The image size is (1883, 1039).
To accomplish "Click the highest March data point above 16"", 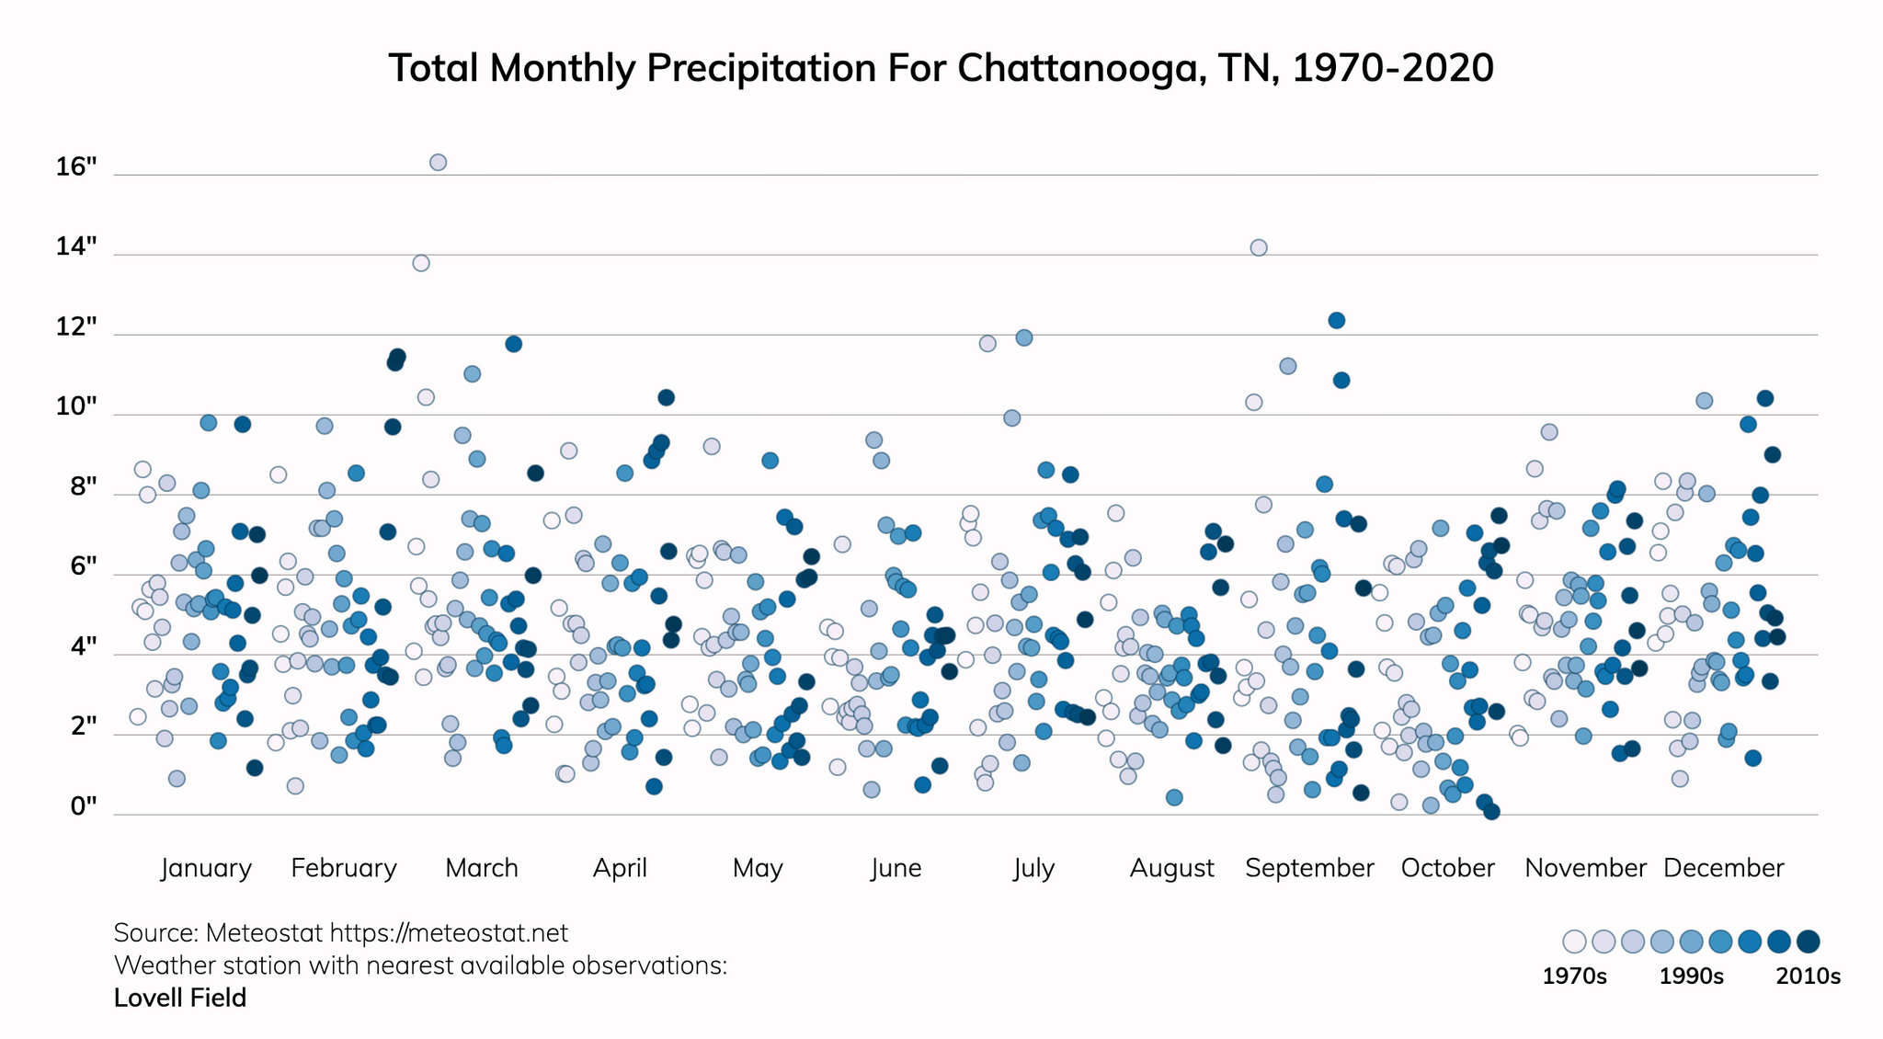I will [439, 163].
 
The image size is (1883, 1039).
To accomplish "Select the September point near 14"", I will [1259, 247].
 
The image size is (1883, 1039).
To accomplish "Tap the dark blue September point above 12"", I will [1337, 320].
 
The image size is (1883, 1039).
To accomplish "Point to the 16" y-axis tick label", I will [76, 167].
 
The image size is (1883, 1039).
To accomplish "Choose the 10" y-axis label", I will [76, 407].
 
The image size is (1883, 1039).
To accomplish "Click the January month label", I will [206, 868].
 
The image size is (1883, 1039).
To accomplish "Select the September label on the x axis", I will [1309, 868].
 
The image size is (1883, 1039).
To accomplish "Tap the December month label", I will [1723, 868].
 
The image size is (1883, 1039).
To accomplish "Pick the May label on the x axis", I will [758, 868].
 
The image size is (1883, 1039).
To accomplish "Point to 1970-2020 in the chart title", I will [1392, 68].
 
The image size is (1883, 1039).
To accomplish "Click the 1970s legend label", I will [1574, 976].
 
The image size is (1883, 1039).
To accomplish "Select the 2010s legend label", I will [1808, 976].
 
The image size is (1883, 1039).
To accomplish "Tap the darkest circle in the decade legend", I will [1809, 942].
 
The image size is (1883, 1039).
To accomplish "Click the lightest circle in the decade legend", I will [1574, 942].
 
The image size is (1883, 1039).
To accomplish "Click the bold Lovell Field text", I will [180, 999].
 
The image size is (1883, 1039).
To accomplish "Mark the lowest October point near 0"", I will [1491, 811].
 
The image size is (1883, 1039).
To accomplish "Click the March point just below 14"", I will [421, 263].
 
